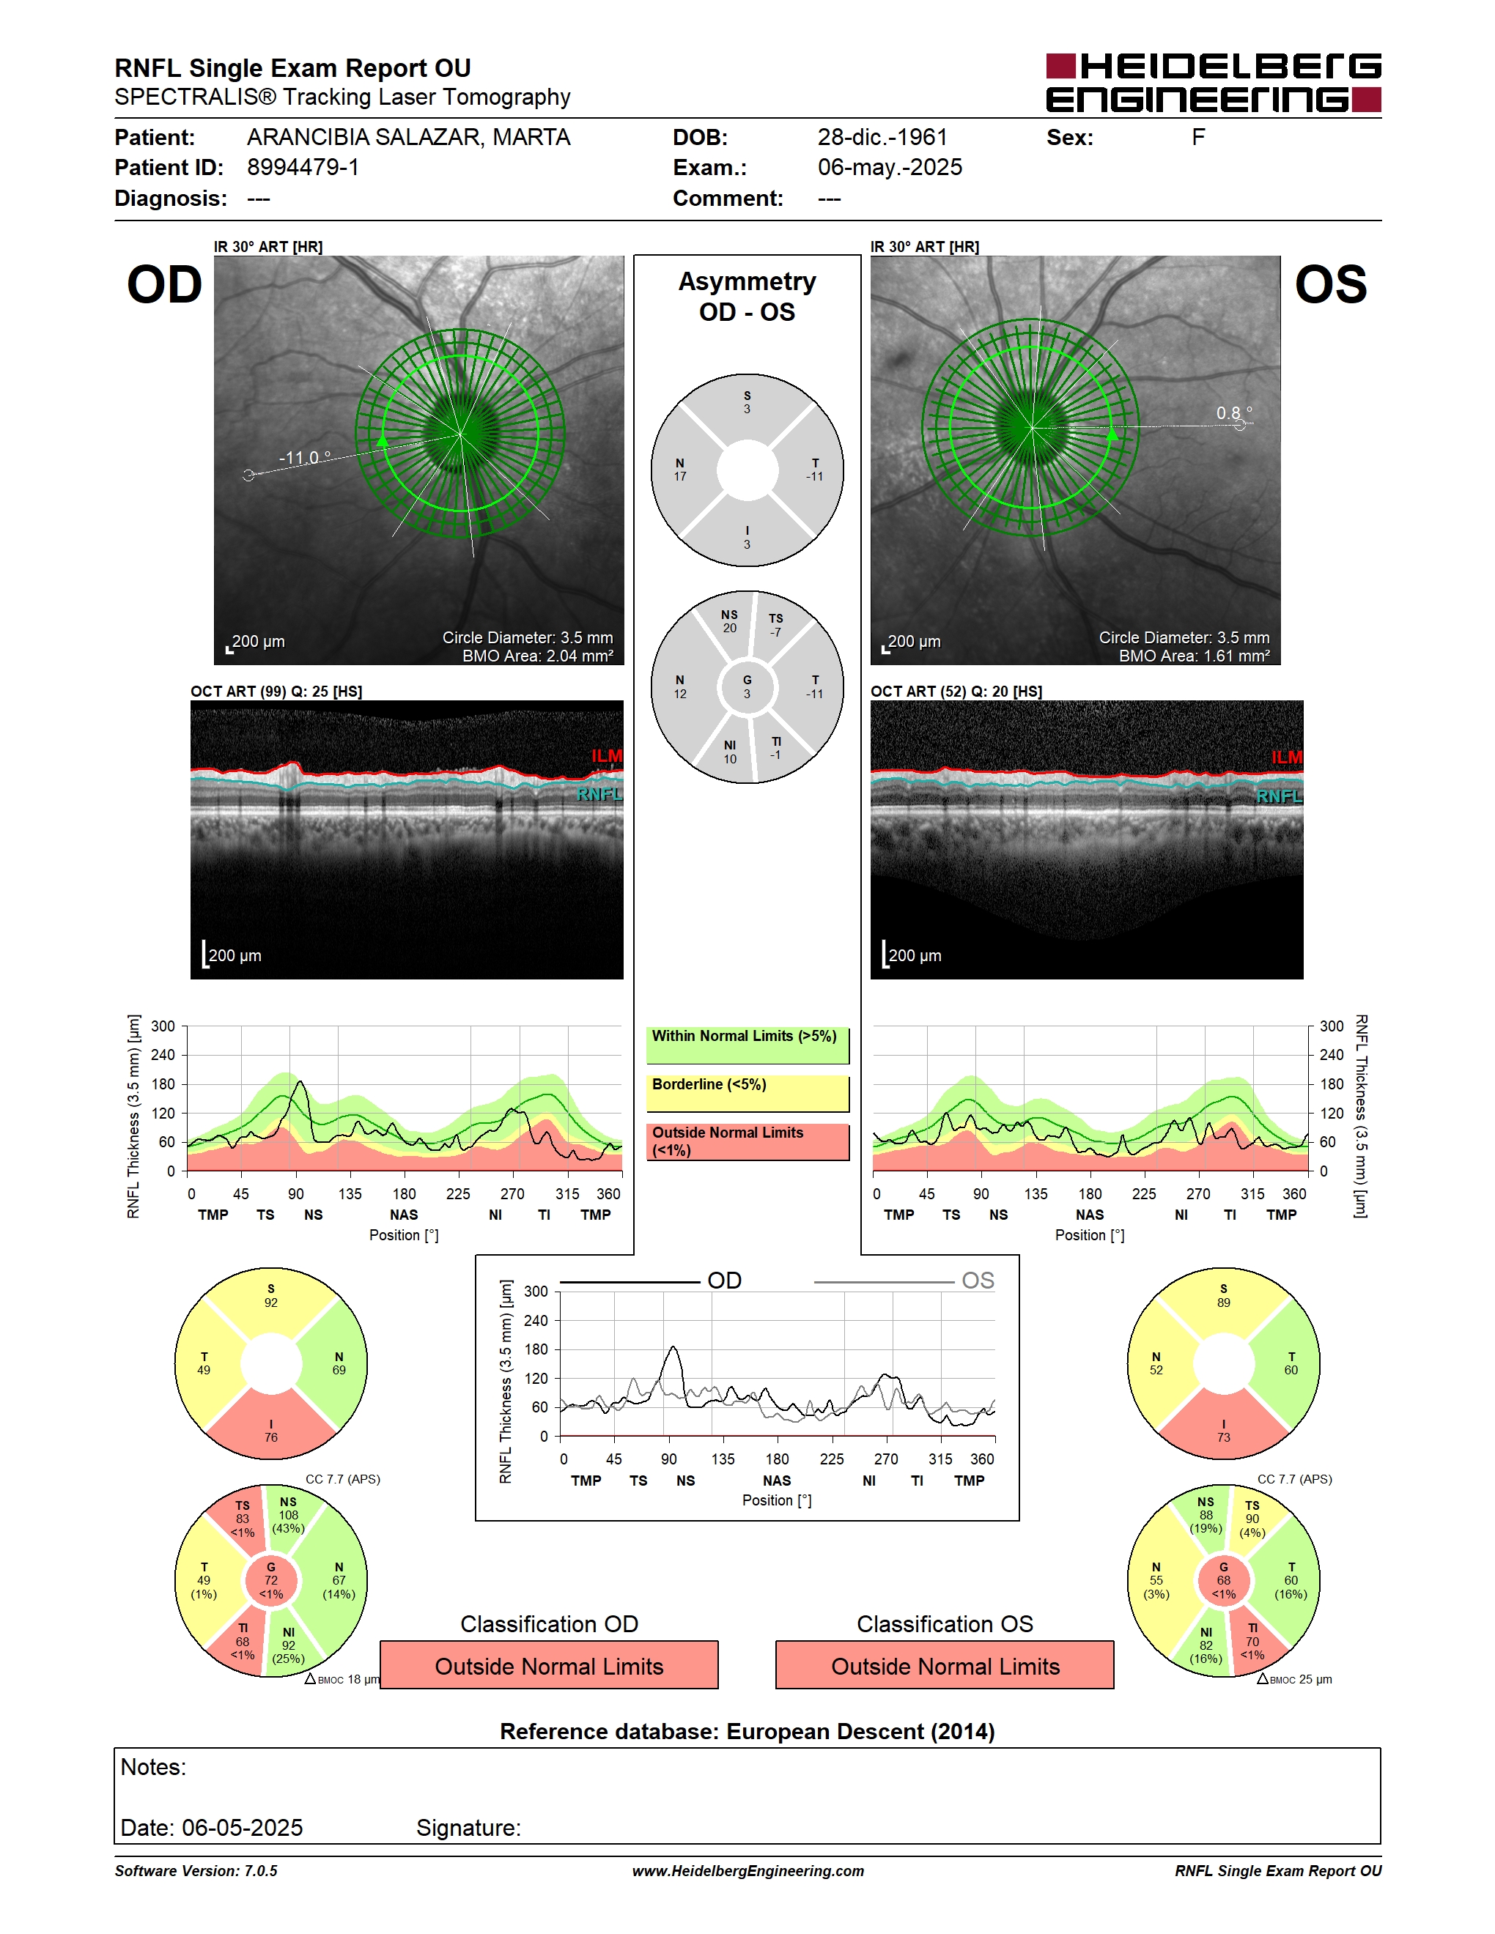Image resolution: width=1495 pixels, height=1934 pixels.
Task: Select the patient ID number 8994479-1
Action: pyautogui.click(x=303, y=167)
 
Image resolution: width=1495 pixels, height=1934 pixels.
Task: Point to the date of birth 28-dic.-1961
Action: pyautogui.click(x=882, y=137)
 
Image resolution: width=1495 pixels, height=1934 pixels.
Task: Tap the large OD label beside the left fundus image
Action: pyautogui.click(x=165, y=284)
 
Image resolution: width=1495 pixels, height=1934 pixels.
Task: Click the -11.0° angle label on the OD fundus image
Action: pyautogui.click(x=305, y=458)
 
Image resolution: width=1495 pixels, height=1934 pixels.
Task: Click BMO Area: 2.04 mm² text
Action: pyautogui.click(x=538, y=656)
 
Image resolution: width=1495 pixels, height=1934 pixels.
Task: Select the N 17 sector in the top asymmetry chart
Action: pyautogui.click(x=680, y=470)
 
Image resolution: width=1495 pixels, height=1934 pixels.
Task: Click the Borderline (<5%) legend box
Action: pyautogui.click(x=747, y=1094)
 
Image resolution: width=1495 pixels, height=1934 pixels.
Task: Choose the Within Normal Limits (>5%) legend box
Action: pyautogui.click(x=747, y=1045)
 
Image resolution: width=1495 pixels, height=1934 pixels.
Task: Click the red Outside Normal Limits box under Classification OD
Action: pyautogui.click(x=549, y=1666)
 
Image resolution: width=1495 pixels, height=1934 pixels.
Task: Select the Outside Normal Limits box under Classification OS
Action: pyautogui.click(x=945, y=1666)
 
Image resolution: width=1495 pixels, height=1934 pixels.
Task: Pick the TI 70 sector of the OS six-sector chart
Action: pyautogui.click(x=1253, y=1641)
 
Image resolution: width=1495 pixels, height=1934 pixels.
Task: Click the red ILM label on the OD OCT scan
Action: pyautogui.click(x=607, y=755)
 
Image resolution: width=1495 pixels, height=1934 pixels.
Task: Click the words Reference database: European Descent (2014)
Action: pyautogui.click(x=747, y=1731)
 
